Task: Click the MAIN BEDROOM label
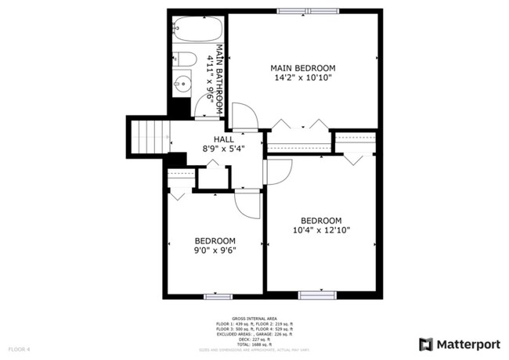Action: point(303,68)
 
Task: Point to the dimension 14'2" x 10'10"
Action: point(303,78)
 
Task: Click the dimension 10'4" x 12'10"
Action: point(321,230)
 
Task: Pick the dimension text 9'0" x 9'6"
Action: point(215,250)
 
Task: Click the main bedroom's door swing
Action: point(244,117)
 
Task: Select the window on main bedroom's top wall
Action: point(303,11)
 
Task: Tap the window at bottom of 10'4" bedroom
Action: point(316,295)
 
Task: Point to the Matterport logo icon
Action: point(426,344)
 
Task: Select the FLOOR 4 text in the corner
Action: point(19,348)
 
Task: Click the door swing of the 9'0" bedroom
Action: point(248,205)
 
